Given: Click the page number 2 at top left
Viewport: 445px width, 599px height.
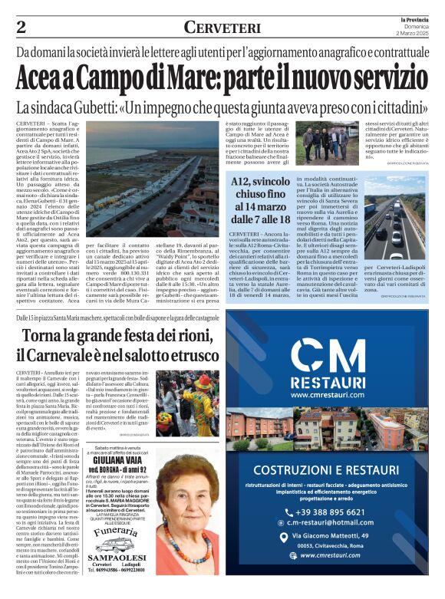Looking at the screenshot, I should click(21, 28).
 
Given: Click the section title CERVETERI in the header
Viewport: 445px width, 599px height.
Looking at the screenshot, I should click(222, 28).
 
